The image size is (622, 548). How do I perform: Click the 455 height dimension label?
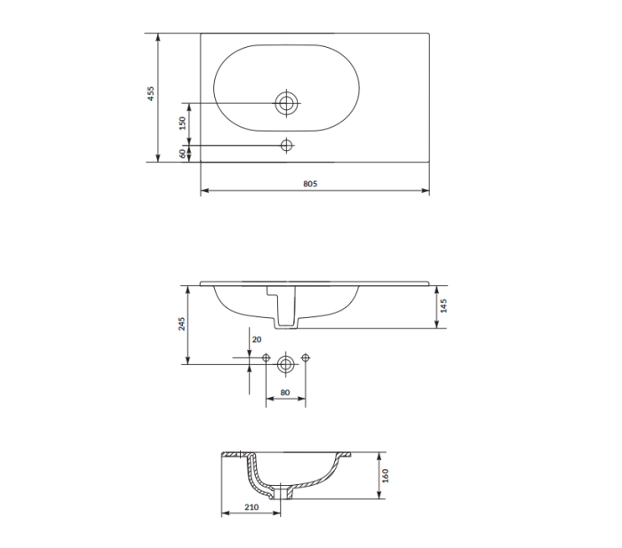[151, 93]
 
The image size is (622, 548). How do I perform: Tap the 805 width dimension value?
[310, 184]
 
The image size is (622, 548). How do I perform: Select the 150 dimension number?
[182, 123]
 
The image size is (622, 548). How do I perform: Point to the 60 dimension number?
[182, 154]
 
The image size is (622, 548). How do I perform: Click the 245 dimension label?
[181, 324]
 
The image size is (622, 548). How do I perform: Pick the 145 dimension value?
[443, 306]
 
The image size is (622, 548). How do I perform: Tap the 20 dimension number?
[257, 339]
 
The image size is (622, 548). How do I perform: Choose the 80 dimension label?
[285, 393]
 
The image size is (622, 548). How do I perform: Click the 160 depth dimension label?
[385, 475]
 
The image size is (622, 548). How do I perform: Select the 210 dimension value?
[251, 507]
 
